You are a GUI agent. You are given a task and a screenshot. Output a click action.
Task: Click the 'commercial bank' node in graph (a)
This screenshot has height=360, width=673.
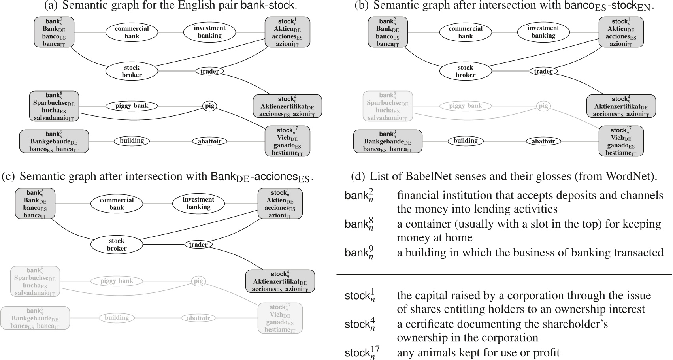click(132, 32)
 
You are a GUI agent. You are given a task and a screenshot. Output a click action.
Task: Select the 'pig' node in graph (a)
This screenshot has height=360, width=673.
click(209, 106)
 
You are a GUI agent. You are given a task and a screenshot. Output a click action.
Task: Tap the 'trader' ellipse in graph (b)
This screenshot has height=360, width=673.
click(543, 71)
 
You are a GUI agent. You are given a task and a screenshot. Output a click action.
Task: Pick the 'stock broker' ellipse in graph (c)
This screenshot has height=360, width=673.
click(117, 245)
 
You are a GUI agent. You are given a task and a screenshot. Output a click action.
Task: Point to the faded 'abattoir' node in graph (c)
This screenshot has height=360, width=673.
click(198, 318)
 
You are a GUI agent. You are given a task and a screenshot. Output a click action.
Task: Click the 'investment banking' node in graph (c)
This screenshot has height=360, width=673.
click(198, 203)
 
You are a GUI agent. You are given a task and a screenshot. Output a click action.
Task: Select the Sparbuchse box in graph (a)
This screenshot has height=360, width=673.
click(54, 106)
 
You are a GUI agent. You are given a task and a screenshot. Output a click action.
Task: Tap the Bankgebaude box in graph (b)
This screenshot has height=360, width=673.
click(387, 141)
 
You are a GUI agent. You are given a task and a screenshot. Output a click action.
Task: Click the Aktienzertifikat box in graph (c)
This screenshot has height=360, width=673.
click(280, 281)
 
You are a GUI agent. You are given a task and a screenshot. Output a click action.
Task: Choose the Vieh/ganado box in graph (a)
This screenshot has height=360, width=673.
click(287, 141)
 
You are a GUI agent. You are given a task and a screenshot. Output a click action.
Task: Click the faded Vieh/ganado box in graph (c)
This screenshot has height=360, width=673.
click(280, 318)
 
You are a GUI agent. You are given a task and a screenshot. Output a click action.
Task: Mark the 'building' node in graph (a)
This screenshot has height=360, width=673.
click(132, 141)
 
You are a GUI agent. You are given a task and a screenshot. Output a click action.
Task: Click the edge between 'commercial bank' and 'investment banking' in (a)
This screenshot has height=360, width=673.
click(171, 32)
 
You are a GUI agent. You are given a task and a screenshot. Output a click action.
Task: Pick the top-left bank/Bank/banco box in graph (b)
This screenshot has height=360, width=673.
click(387, 32)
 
